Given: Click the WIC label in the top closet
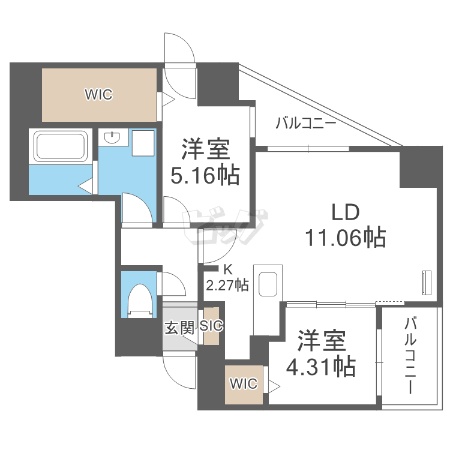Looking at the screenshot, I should coord(98,94).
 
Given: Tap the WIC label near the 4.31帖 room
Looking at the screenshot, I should coord(243,383).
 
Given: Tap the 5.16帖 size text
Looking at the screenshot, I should coord(205,175).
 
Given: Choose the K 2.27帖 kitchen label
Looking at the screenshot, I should coord(227,279).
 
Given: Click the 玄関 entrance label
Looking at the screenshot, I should coord(179,327).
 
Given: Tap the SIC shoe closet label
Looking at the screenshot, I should coord(211,326).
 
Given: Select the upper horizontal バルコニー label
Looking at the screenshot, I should coord(305,124).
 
